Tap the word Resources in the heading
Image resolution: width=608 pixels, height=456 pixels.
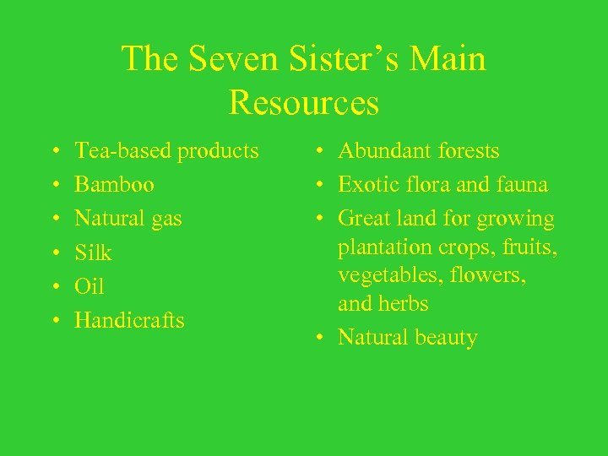pos(303,103)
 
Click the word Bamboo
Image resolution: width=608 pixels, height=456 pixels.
pos(114,185)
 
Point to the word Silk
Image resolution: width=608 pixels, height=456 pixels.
pos(93,252)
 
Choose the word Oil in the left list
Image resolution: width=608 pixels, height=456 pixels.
pos(90,286)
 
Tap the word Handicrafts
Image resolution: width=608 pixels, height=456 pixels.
pos(129,320)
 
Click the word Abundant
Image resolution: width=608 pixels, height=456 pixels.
pos(381,151)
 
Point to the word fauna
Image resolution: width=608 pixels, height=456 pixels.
pos(524,185)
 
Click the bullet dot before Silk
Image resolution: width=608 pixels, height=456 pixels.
pos(54,253)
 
